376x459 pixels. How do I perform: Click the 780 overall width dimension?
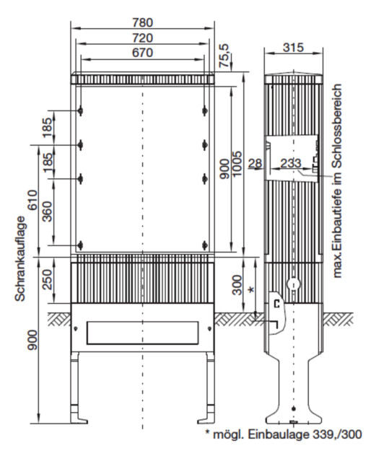(x=144, y=22)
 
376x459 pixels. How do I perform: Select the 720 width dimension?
(x=144, y=38)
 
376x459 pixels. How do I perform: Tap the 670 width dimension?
(x=144, y=54)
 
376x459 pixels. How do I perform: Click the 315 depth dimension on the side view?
(x=293, y=47)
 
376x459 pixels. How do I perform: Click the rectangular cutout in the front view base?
(x=144, y=332)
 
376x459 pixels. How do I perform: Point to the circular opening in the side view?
(x=293, y=284)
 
